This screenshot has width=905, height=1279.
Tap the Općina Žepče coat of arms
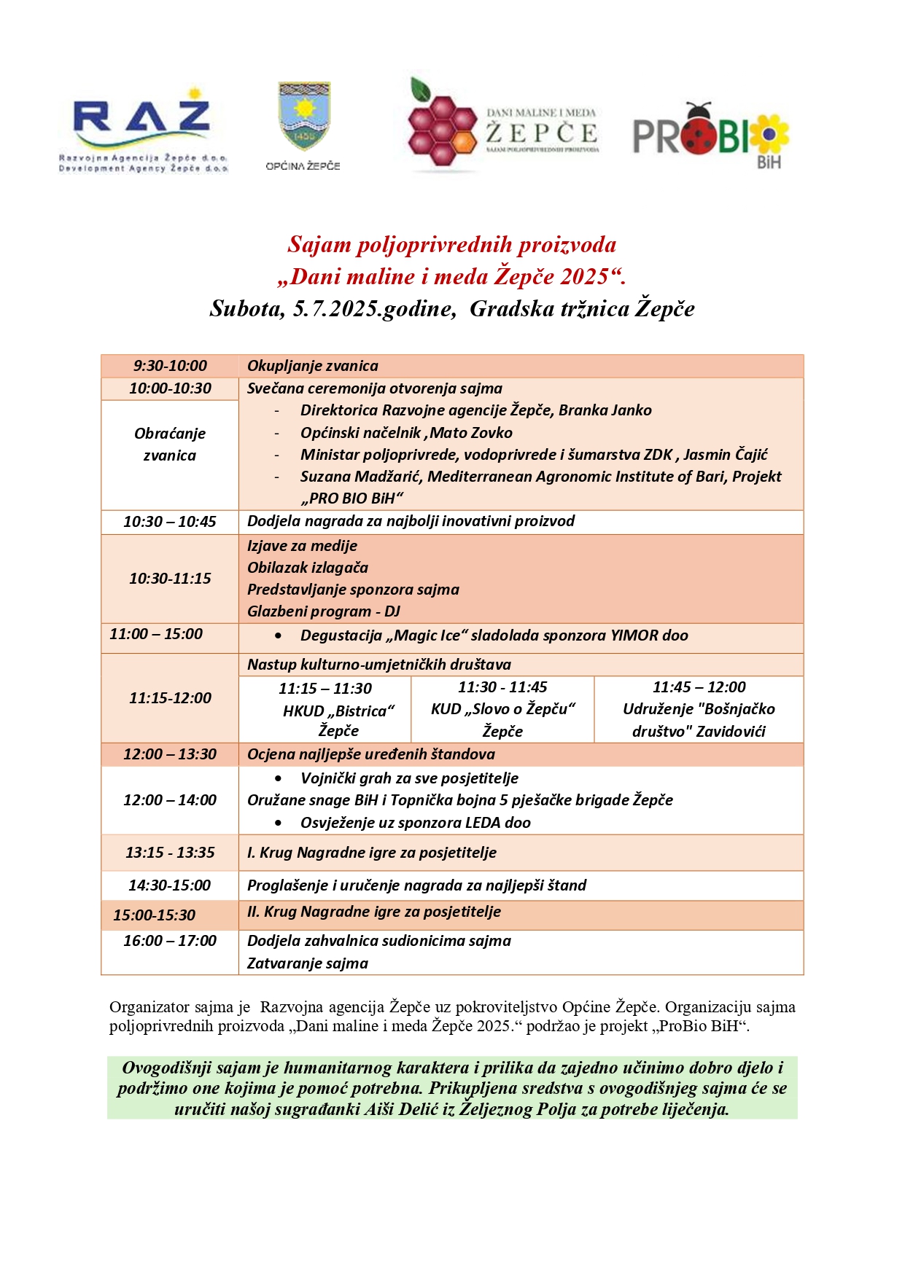tap(305, 117)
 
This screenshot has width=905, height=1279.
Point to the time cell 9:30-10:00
tap(170, 366)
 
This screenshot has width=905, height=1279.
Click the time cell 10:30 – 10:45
tap(170, 522)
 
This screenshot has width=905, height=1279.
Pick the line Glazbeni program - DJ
tap(324, 611)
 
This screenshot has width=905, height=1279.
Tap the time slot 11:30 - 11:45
tap(502, 687)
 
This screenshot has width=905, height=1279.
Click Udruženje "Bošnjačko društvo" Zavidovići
tap(699, 720)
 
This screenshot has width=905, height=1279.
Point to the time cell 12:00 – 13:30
tap(170, 754)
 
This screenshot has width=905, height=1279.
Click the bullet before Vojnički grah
tap(279, 778)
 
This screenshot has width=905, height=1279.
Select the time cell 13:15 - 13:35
tap(170, 853)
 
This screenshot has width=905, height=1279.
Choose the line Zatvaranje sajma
tap(308, 963)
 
